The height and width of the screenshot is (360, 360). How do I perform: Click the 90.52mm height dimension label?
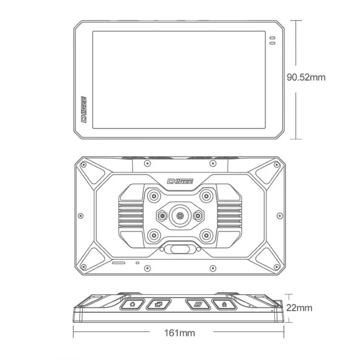coord(306,77)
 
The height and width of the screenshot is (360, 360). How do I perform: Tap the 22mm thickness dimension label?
coord(299,308)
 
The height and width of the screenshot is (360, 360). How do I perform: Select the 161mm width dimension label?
coord(180,333)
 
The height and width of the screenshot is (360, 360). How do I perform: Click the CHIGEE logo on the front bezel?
coord(84,109)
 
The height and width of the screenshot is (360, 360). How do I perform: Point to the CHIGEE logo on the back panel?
coord(180,181)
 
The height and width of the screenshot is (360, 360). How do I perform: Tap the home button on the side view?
coord(132,304)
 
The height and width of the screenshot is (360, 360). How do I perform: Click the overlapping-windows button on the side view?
coord(159,304)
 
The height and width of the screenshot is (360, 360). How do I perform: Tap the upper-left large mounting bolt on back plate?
coord(154,196)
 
